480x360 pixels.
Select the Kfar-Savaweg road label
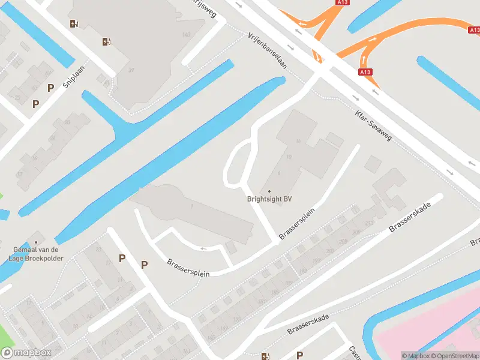[373, 125]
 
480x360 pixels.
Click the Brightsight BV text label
[269, 200]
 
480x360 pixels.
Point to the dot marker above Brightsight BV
[269, 191]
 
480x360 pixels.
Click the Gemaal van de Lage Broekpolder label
[35, 254]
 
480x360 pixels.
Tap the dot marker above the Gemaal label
[35, 242]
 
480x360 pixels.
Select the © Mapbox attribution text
[415, 356]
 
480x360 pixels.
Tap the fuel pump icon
[266, 356]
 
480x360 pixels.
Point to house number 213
[368, 223]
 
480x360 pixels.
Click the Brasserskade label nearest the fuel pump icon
[308, 325]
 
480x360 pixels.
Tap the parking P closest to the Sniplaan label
[50, 88]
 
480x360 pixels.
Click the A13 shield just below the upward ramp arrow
[365, 72]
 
